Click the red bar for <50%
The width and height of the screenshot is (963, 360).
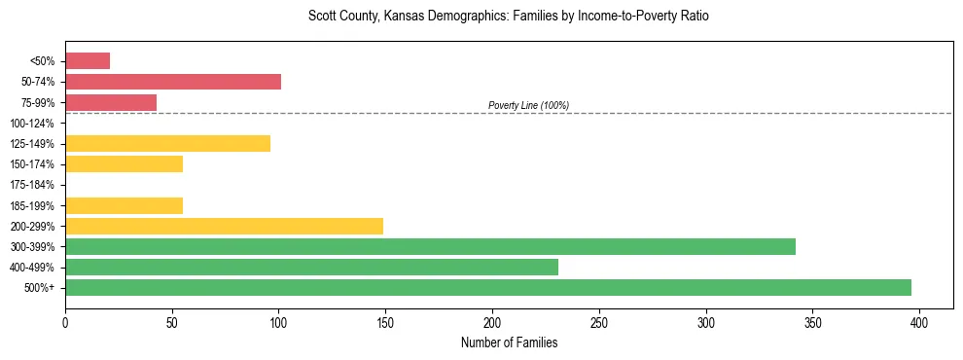[x=88, y=61]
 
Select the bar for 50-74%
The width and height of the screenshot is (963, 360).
[x=173, y=82]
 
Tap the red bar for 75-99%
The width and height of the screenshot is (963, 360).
[x=111, y=102]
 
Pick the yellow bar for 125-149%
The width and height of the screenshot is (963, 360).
[x=167, y=143]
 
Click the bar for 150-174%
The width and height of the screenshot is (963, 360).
[x=124, y=163]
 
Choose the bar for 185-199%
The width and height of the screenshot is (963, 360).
[x=124, y=205]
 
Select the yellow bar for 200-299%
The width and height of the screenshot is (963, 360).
[x=224, y=226]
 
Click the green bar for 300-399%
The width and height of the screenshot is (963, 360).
[x=430, y=246]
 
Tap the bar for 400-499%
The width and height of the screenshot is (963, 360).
[x=311, y=267]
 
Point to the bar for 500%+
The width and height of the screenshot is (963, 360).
[x=488, y=287]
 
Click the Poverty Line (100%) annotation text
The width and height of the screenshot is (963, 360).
[x=528, y=105]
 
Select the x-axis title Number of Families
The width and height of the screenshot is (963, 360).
[x=509, y=342]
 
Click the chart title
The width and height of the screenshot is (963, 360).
[x=509, y=17]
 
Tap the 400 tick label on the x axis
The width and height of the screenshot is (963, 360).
[x=919, y=322]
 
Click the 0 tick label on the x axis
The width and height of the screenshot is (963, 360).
[x=65, y=322]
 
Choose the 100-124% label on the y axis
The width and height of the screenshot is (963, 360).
[x=32, y=124]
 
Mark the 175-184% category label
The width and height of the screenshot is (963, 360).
[x=32, y=185]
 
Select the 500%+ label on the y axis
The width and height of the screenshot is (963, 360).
[x=40, y=288]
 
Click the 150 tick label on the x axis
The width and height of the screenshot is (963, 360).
[x=385, y=322]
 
